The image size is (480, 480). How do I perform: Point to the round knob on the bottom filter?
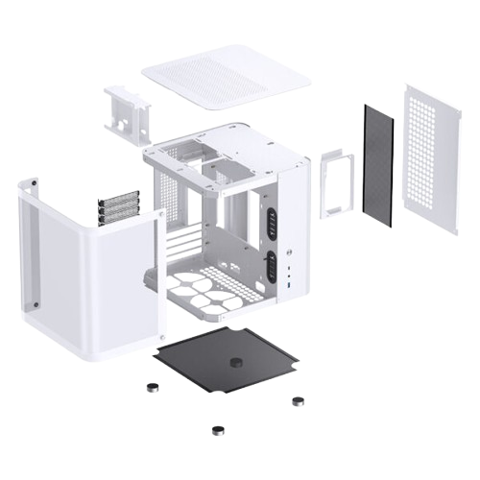[x=236, y=365]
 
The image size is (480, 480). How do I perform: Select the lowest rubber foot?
[x=219, y=428]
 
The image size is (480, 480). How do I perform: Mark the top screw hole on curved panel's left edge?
[x=32, y=180]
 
